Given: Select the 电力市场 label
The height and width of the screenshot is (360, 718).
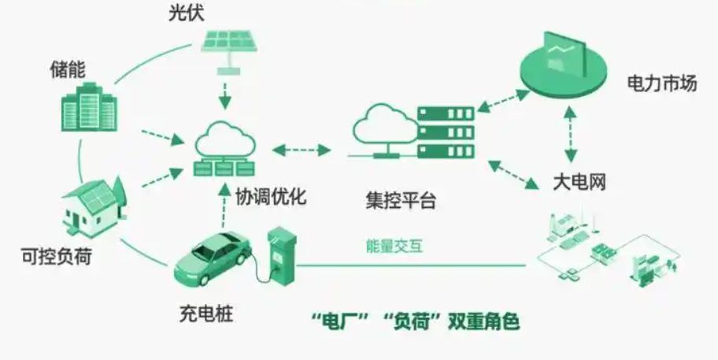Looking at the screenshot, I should coord(662,83).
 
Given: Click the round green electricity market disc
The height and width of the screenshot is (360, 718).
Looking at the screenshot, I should coord(563,64).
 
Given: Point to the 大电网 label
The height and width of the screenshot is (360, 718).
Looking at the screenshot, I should coord(578,184).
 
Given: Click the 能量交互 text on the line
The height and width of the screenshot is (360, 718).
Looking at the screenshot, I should coord(395,246).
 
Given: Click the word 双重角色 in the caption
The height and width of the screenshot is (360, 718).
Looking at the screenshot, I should coord(483,321).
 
